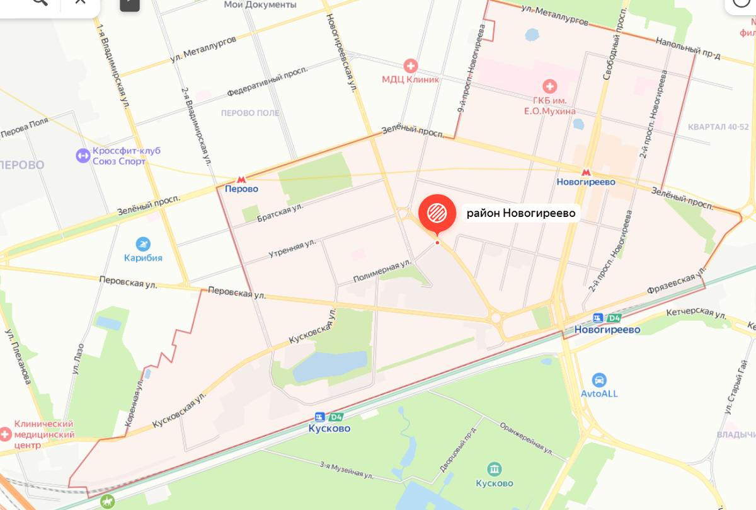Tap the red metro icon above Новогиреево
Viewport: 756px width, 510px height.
click(586, 171)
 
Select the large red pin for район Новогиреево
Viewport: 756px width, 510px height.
click(437, 214)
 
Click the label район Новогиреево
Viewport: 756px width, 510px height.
click(521, 213)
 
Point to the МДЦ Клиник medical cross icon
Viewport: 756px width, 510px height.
click(411, 66)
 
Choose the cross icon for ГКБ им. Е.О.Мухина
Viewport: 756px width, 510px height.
click(549, 86)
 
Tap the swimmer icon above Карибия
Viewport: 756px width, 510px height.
click(143, 244)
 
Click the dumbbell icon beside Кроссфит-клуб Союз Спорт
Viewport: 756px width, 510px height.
click(83, 155)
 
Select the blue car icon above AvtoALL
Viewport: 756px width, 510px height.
click(599, 380)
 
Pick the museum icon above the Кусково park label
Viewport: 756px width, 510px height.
click(495, 469)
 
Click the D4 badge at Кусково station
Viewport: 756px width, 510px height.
click(336, 417)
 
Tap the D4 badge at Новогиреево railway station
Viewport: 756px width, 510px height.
click(614, 318)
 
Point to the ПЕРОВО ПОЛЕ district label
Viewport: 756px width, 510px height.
click(250, 113)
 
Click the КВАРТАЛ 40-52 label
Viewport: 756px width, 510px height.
click(718, 126)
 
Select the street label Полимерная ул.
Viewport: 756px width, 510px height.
click(382, 270)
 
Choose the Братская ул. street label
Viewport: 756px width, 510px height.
click(280, 212)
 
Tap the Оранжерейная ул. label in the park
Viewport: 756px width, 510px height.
click(526, 438)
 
